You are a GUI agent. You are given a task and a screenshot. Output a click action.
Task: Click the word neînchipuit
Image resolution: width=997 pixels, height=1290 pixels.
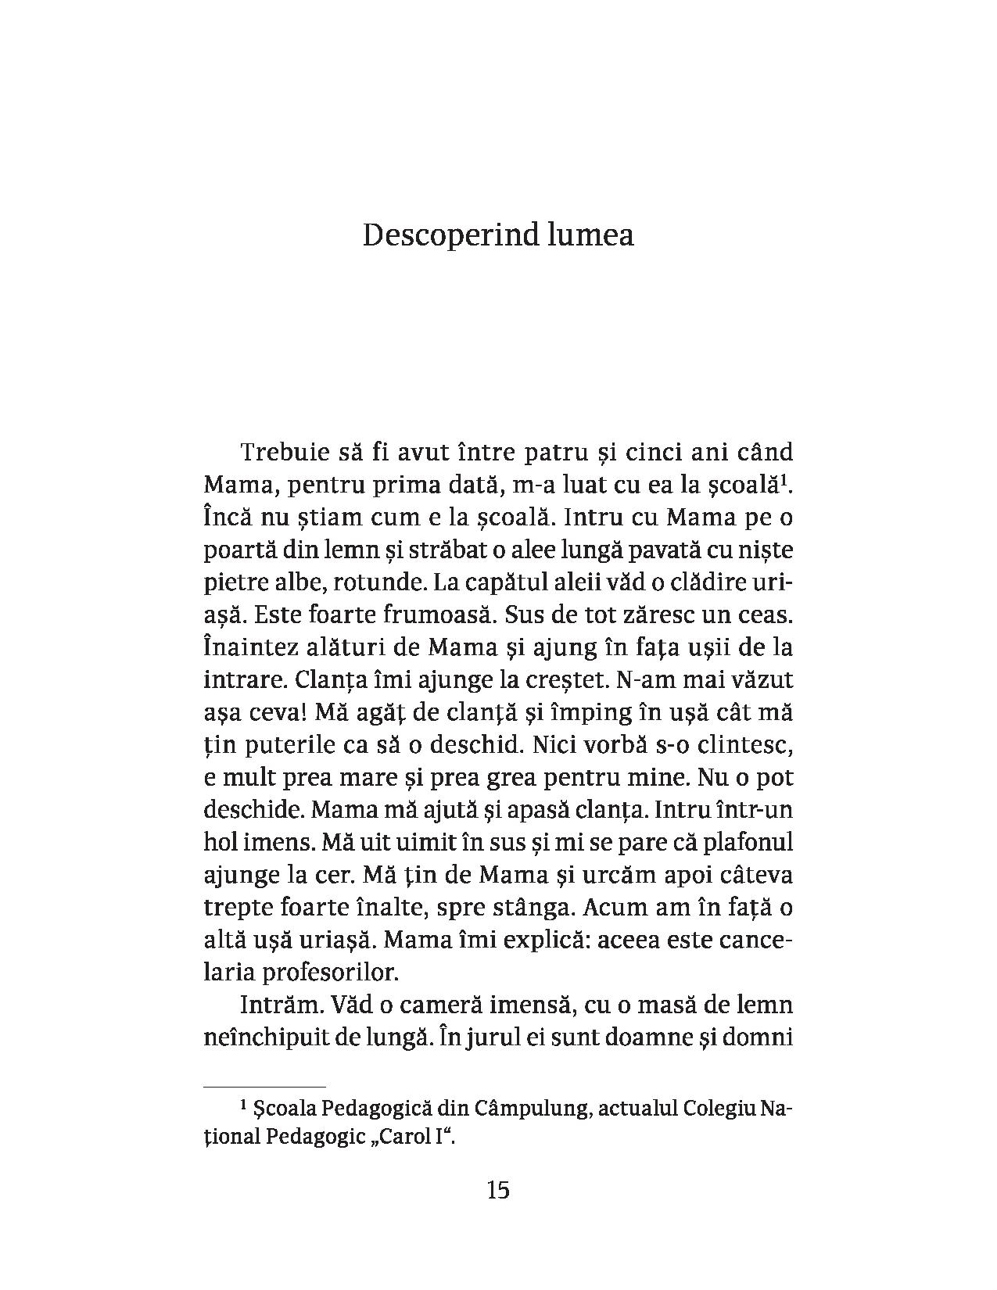pyautogui.click(x=258, y=1039)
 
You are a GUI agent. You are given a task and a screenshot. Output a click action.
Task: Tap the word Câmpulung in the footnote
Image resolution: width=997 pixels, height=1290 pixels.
pyautogui.click(x=539, y=1109)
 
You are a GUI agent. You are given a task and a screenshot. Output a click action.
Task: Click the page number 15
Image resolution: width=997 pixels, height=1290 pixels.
pyautogui.click(x=498, y=1191)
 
